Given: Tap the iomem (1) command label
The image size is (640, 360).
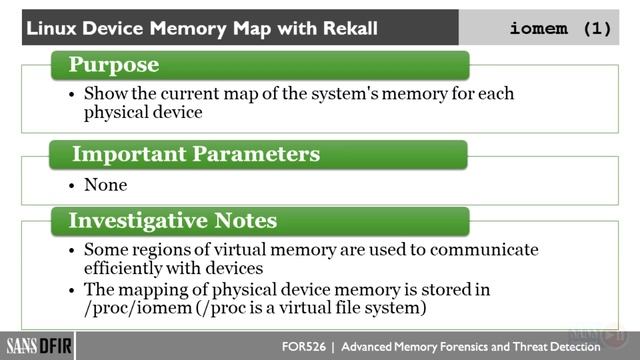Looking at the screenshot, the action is coord(560,28).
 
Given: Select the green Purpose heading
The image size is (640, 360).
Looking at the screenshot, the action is coord(113,66).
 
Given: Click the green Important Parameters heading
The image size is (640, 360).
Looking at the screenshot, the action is coord(195,155).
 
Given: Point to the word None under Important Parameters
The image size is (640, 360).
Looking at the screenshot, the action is coord(105,185).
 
